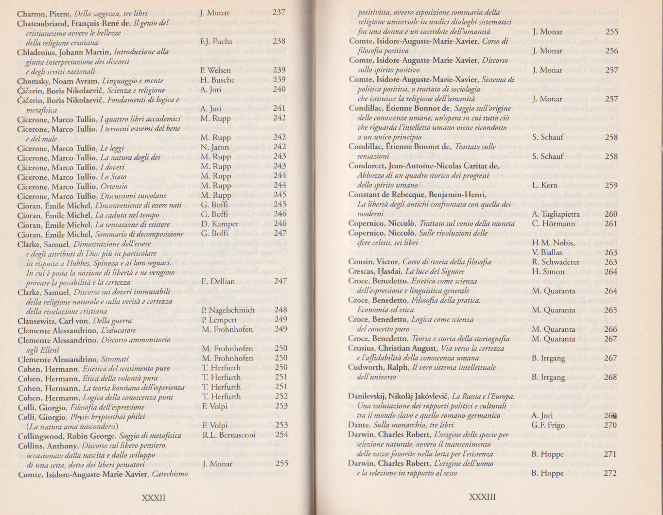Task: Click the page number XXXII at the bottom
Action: point(153,498)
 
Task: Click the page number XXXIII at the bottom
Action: point(482,497)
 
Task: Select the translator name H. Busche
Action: point(217,80)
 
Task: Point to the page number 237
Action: point(279,13)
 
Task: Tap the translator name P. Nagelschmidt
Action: point(228,310)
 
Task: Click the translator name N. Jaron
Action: point(214,147)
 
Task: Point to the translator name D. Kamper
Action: point(219,224)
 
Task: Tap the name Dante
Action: point(359,425)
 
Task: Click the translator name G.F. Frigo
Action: point(548,425)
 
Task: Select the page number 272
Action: point(610,473)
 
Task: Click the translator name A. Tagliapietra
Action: point(556,214)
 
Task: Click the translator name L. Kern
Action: point(544,185)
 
